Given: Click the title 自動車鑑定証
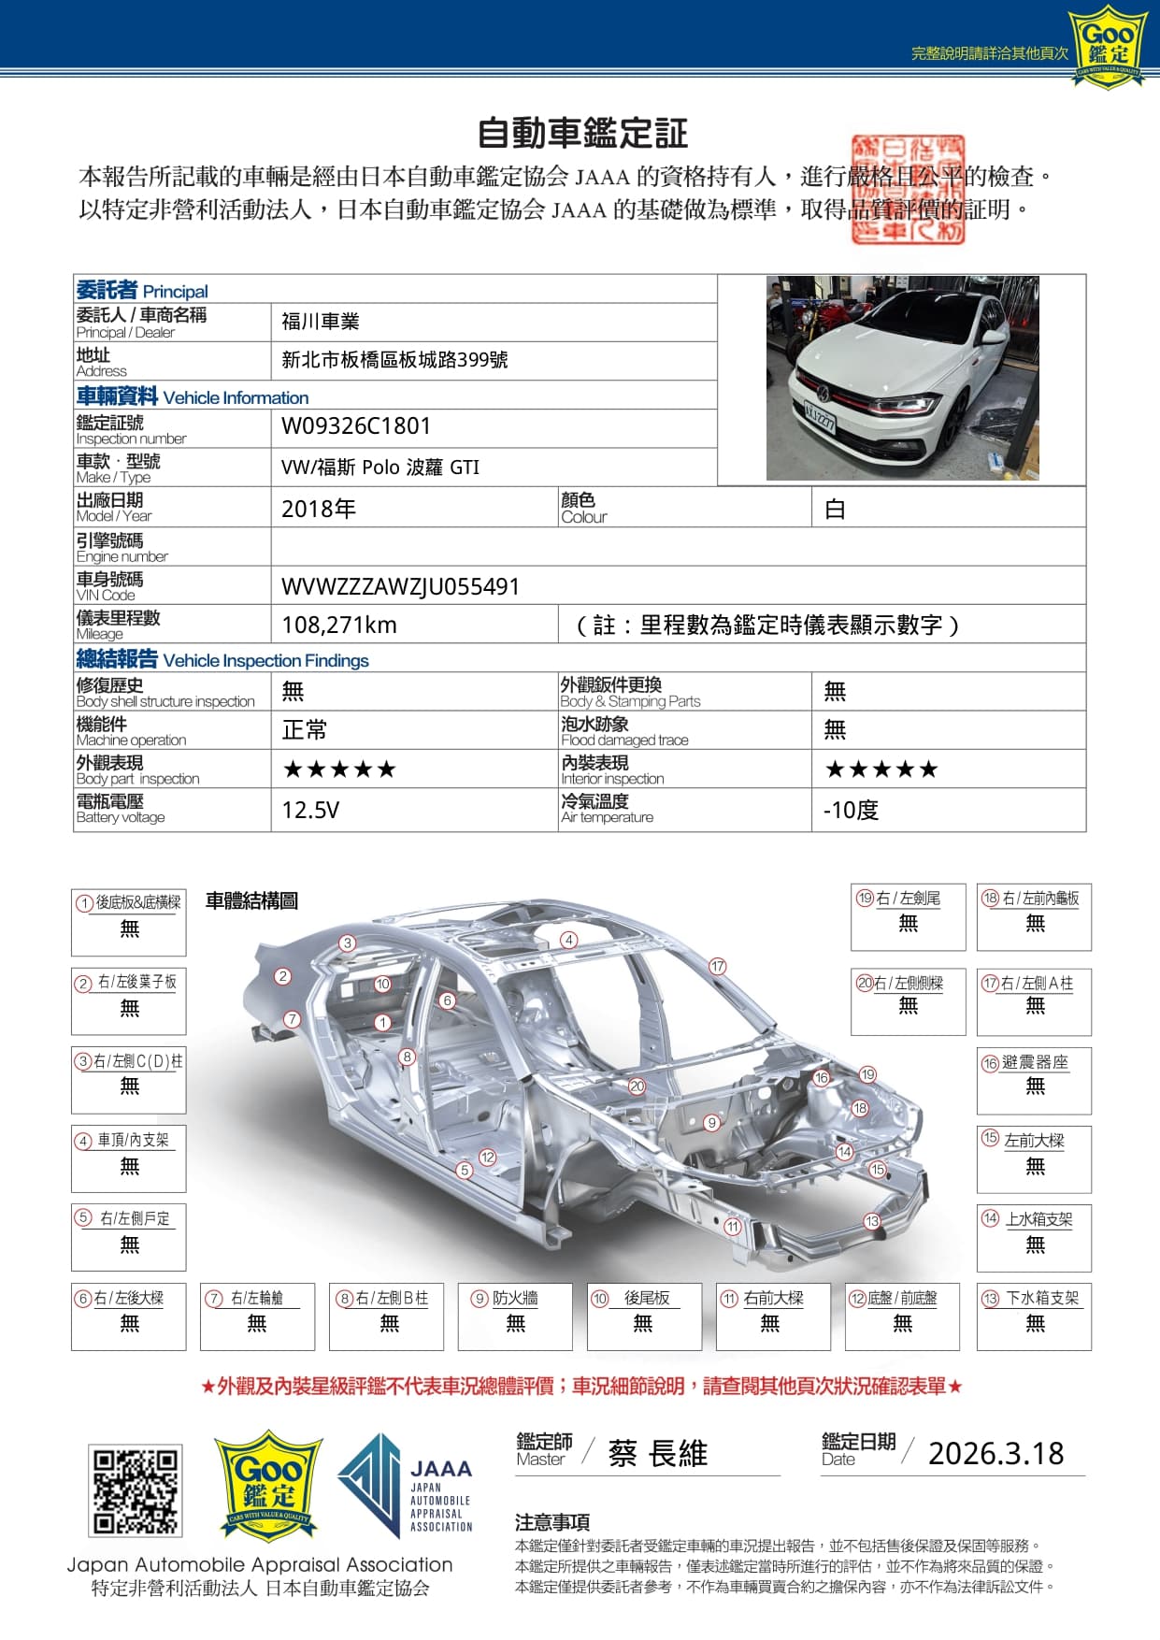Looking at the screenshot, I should (582, 133).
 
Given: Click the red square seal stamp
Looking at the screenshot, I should (907, 189).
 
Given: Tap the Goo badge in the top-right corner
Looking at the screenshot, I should (1108, 46).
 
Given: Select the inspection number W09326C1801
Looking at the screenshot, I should (356, 426).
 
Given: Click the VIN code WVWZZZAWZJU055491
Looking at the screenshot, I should (400, 586).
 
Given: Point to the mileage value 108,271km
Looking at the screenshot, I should (339, 625).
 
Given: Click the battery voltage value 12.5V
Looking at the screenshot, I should (310, 810).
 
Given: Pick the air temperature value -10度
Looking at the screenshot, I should (851, 810).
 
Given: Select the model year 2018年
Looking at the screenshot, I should (319, 509).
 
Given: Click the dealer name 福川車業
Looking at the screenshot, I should (321, 322).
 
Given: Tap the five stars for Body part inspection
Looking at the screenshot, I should (339, 770).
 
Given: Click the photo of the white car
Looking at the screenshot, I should (902, 379).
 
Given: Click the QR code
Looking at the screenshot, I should (136, 1490).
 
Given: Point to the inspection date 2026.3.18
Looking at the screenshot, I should (995, 1453).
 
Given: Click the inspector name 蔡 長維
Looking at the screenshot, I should (657, 1453).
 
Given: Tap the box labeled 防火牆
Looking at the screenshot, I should (515, 1316).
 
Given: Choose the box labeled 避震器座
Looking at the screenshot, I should (1034, 1080).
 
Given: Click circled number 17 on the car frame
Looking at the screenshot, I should (717, 966).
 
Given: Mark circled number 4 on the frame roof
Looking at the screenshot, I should (569, 940).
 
